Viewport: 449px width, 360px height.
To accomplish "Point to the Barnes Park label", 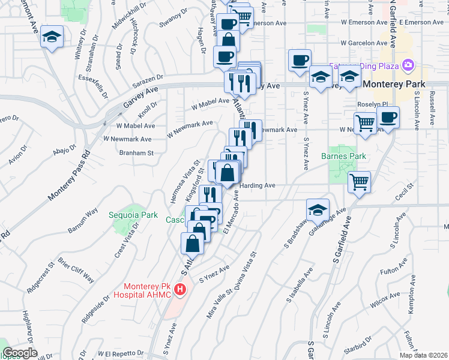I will click(x=344, y=156).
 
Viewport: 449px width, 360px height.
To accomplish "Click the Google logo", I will click(x=20, y=353).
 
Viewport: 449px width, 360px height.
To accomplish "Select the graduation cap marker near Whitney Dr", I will click(x=52, y=38).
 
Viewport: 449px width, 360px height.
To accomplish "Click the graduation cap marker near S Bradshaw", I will click(x=318, y=210).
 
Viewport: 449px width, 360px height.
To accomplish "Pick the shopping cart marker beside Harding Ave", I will click(x=359, y=181).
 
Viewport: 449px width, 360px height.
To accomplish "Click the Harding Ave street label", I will click(x=258, y=186).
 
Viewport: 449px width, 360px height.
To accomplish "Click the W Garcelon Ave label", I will click(x=364, y=43).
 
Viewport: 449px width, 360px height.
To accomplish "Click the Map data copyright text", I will click(x=424, y=355).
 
